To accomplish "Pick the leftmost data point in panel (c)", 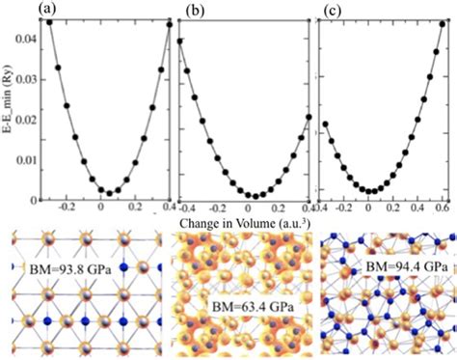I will click(x=325, y=125).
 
